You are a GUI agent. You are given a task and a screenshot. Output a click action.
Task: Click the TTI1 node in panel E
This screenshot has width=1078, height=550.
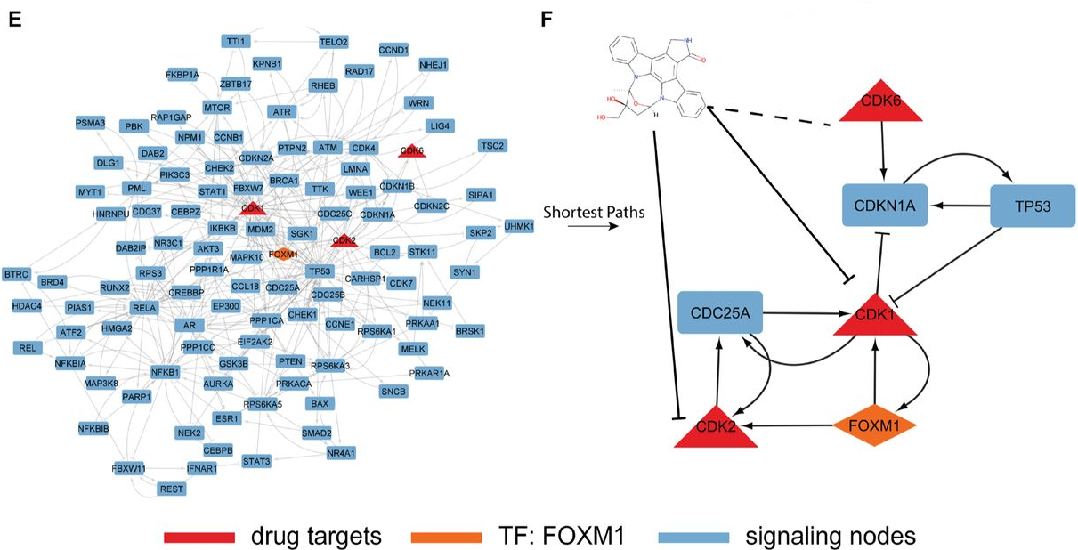(236, 41)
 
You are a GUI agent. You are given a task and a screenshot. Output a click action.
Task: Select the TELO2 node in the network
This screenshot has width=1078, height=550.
(334, 42)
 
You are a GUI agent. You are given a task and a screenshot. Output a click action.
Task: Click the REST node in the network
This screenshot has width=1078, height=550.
(171, 489)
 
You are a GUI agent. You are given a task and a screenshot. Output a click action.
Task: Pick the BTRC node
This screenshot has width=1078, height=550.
(17, 272)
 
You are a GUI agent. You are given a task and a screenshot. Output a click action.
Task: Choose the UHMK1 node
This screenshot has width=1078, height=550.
(519, 227)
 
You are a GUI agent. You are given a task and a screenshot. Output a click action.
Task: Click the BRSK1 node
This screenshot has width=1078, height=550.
(470, 330)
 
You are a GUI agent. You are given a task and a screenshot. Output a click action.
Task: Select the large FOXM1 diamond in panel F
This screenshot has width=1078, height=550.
(875, 425)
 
